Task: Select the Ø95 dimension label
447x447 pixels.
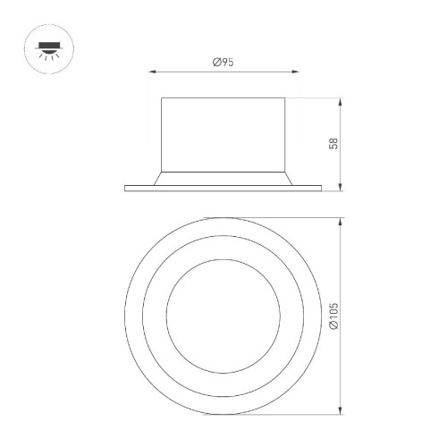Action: pyautogui.click(x=223, y=62)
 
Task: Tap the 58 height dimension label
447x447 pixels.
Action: pyautogui.click(x=333, y=143)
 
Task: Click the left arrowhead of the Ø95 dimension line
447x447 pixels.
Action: pyautogui.click(x=149, y=71)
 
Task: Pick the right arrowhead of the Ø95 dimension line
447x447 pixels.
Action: pyautogui.click(x=297, y=71)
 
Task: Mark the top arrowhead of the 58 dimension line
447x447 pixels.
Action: pyautogui.click(x=342, y=99)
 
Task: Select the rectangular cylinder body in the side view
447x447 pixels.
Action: pyautogui.click(x=223, y=131)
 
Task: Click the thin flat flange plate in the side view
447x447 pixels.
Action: pyautogui.click(x=223, y=187)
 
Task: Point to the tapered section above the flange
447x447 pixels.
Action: pyautogui.click(x=223, y=177)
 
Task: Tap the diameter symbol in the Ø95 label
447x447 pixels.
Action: pyautogui.click(x=216, y=62)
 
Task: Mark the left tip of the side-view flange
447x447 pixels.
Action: pyautogui.click(x=126, y=187)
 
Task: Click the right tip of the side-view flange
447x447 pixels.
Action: pyautogui.click(x=320, y=187)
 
